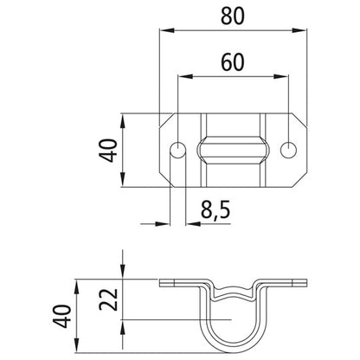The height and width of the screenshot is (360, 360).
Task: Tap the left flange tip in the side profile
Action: pos(162,281)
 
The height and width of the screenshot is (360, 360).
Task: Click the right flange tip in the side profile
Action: pos(307,281)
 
